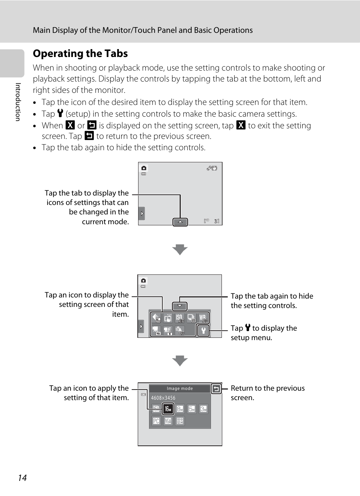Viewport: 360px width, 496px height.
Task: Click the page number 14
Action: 22,478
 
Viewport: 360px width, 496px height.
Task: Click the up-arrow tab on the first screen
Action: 180,222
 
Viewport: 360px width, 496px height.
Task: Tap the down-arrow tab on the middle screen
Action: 180,306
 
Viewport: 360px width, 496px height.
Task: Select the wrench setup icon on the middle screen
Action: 203,331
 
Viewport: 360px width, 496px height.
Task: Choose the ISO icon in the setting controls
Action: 180,318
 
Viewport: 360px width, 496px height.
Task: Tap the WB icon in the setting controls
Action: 203,318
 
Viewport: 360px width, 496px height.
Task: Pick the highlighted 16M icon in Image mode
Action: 168,409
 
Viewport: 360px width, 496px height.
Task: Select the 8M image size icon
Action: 180,409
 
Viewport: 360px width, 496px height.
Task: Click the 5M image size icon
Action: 192,409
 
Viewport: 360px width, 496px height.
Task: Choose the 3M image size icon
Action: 203,409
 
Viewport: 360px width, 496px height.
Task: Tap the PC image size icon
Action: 156,421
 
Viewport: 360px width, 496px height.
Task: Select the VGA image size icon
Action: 168,421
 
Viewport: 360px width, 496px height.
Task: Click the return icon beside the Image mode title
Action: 216,388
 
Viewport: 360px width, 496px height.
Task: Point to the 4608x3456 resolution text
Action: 163,398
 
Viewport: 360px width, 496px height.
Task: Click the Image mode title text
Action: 180,388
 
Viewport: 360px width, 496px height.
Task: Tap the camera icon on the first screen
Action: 144,168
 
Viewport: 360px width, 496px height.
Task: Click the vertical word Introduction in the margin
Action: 18,102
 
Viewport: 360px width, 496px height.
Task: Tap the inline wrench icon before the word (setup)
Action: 60,113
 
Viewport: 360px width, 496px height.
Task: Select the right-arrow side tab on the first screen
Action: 142,214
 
